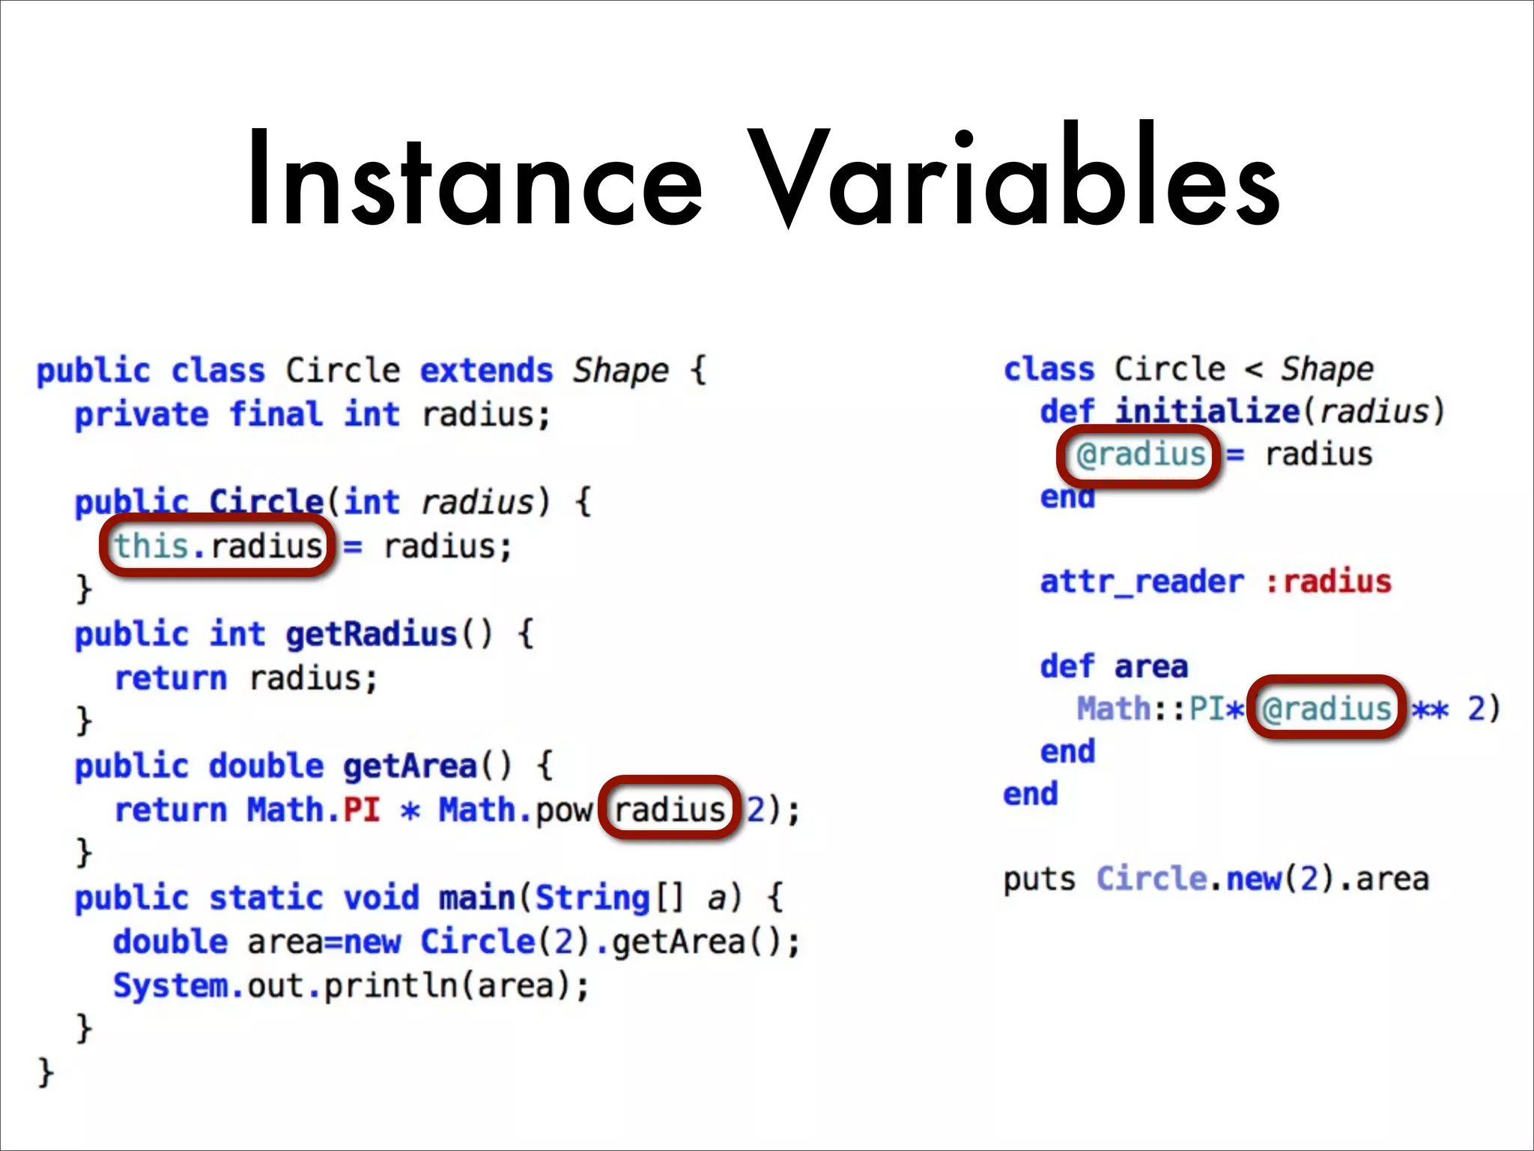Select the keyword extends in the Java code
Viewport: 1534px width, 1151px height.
[x=486, y=371]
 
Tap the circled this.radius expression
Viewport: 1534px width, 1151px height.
[x=217, y=546]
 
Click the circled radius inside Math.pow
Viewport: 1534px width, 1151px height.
[x=670, y=809]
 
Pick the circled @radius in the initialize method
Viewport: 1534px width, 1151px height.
[x=1140, y=455]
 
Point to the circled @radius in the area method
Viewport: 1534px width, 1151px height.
[x=1326, y=708]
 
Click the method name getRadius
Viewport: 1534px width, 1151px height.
[x=371, y=635]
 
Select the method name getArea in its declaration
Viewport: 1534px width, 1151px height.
[x=410, y=766]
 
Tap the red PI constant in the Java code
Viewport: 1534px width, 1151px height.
[x=362, y=809]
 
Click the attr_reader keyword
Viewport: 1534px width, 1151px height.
[x=1142, y=582]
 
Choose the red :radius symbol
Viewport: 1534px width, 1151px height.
[x=1328, y=582]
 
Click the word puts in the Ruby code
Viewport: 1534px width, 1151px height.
[x=1039, y=879]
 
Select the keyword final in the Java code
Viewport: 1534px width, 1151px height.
[x=275, y=414]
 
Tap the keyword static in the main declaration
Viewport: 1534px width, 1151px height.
[x=266, y=898]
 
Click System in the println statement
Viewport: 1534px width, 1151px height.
[x=171, y=985]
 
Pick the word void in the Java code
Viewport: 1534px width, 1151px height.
[x=381, y=898]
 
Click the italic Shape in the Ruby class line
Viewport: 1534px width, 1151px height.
[x=1327, y=369]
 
